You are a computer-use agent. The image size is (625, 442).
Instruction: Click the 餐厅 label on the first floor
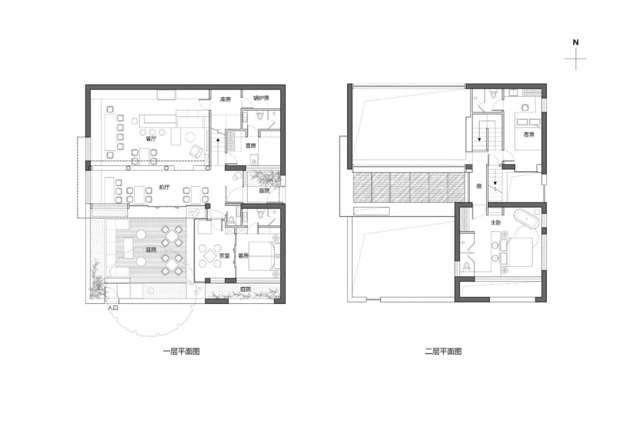(150, 139)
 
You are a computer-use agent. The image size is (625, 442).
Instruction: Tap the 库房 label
(226, 100)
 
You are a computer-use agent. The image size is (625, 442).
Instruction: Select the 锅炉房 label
(262, 98)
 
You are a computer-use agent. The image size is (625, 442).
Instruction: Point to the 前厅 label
(164, 187)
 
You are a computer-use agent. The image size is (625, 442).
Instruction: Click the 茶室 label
(225, 256)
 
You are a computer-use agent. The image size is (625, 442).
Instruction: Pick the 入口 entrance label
(113, 308)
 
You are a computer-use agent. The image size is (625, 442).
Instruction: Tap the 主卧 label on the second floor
(495, 222)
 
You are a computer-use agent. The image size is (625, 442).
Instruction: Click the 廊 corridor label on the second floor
(479, 186)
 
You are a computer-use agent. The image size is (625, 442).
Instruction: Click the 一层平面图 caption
(181, 352)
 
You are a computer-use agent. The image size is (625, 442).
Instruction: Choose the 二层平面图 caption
(443, 352)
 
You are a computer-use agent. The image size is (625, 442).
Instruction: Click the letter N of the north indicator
(576, 42)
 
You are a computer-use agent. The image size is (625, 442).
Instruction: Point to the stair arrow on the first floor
(218, 139)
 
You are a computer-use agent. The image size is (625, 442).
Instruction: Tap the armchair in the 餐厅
(197, 150)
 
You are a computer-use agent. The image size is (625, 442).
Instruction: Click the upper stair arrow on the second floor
(479, 139)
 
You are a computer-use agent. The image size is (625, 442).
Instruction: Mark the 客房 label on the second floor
(529, 135)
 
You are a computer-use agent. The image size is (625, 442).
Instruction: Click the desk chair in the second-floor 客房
(524, 107)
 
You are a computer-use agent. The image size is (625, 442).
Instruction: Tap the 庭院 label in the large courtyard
(151, 250)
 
